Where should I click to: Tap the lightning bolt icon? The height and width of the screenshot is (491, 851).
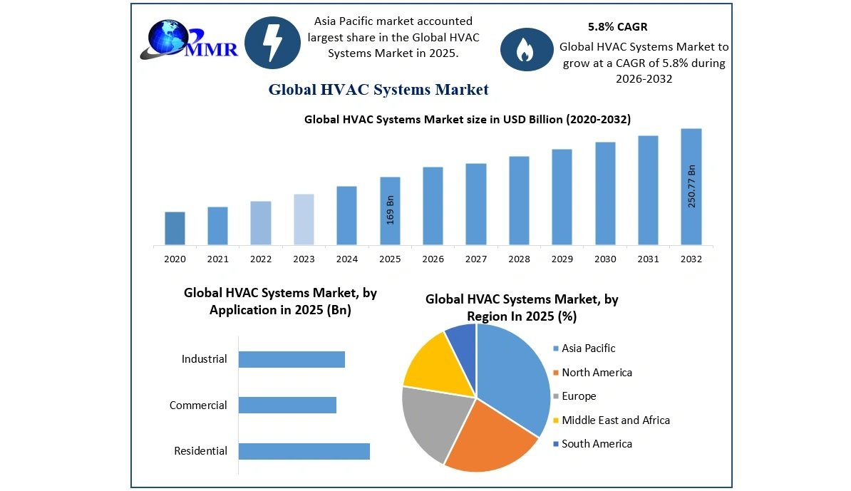[272, 43]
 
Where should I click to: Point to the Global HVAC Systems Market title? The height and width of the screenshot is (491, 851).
[378, 90]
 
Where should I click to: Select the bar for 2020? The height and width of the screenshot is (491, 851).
[175, 228]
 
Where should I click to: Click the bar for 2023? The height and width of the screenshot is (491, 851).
[304, 219]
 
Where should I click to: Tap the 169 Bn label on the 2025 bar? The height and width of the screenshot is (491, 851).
[390, 210]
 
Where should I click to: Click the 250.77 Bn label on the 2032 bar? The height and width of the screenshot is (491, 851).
[691, 186]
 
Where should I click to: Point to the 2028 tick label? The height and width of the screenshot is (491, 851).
[519, 259]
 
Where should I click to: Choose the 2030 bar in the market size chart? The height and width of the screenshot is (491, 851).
[605, 193]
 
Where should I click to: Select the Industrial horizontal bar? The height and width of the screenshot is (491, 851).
[292, 359]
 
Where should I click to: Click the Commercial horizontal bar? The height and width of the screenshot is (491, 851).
[287, 405]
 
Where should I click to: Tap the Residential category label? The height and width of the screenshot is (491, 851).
[201, 451]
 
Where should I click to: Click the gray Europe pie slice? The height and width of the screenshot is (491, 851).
[431, 422]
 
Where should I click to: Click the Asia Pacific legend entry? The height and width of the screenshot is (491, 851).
[588, 348]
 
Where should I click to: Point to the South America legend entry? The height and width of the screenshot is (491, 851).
[597, 444]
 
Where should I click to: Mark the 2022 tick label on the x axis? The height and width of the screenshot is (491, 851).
[261, 259]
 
